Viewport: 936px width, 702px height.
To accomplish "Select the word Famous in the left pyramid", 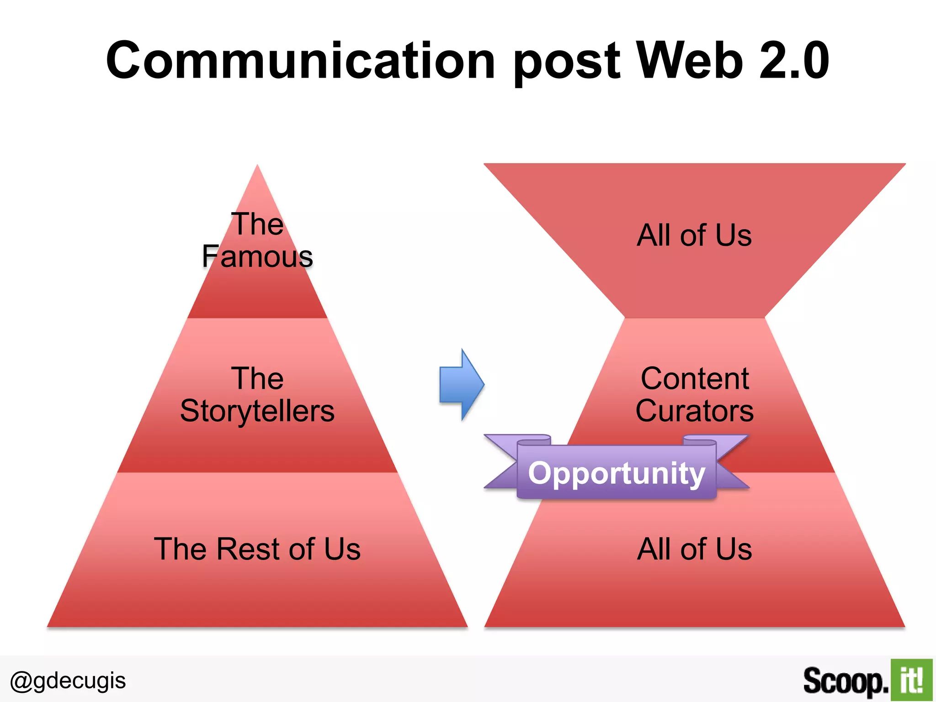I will coord(257,256).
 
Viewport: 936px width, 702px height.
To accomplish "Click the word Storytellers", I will coord(257,411).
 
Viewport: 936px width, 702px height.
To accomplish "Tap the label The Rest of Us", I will coord(257,548).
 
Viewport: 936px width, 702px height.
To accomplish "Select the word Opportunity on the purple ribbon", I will coord(617,473).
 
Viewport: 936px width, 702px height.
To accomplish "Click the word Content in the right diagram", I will coord(695,378).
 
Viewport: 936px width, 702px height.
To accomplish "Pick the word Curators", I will coord(695,411).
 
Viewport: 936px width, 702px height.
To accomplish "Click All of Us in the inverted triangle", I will coord(694,235).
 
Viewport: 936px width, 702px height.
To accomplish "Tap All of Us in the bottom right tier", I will coord(694,548).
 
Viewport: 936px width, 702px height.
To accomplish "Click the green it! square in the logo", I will coord(911,680).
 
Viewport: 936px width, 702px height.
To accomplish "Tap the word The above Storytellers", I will coord(257,378).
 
